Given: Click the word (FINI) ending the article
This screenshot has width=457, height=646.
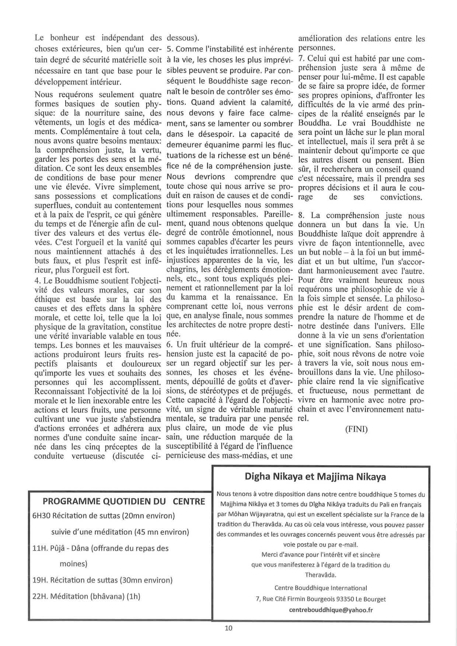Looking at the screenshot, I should point(356,430).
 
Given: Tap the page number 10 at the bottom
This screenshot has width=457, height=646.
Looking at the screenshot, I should point(228,628).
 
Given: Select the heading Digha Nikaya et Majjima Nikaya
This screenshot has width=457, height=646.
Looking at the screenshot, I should point(315,477).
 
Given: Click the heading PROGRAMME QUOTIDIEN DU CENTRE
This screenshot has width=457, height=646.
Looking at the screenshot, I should point(124,501).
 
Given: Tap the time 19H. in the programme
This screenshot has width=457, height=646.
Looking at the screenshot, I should point(40,580).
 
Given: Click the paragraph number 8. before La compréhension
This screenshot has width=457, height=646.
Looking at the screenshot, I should point(301,216).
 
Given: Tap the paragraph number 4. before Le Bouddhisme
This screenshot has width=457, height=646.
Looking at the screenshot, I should point(37,281).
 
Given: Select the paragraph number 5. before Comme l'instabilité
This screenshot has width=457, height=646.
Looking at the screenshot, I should point(170,49).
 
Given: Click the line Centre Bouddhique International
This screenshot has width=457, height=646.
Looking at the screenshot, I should point(321,588).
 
